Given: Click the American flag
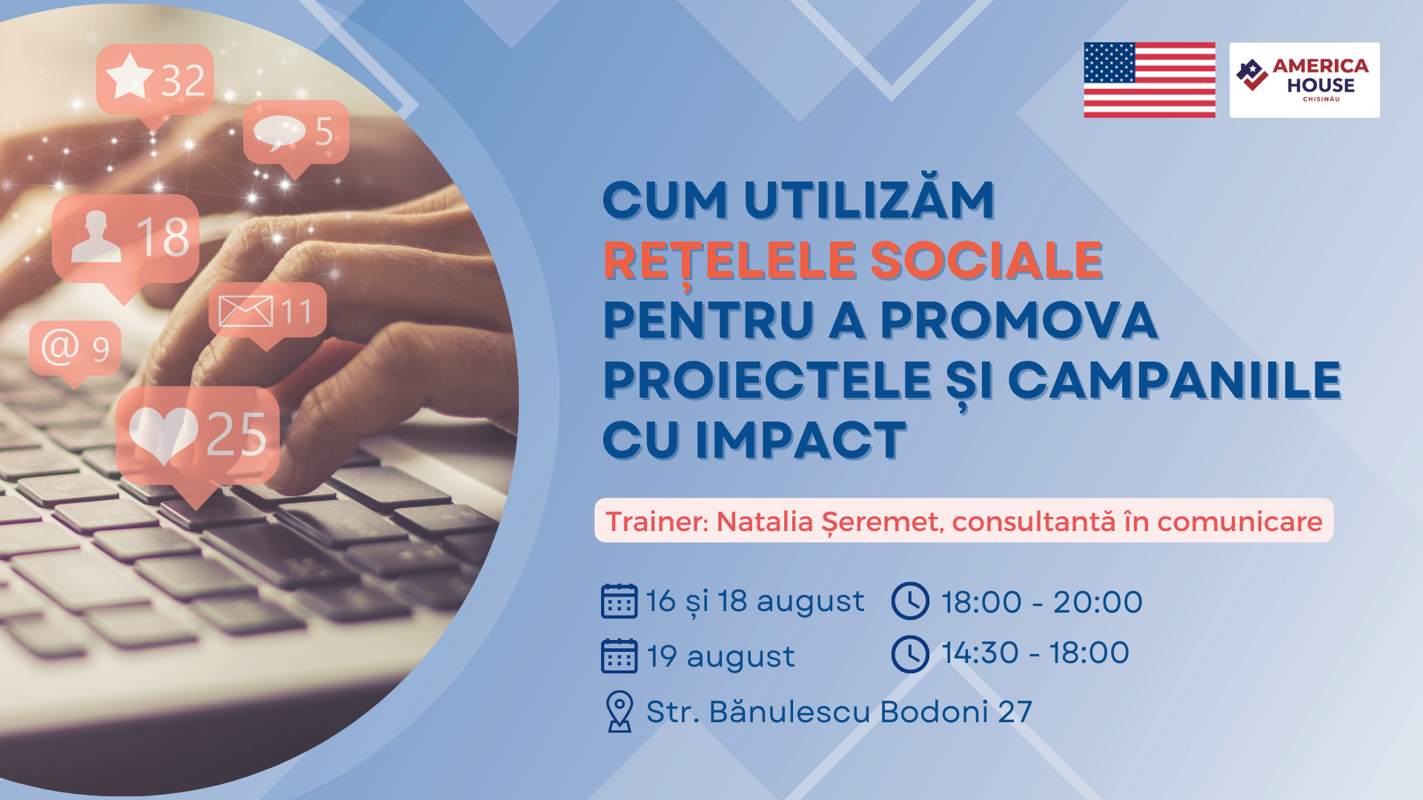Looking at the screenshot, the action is [x=1150, y=80].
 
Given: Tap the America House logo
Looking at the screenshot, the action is [x=1304, y=80].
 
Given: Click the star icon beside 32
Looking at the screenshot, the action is [x=130, y=76].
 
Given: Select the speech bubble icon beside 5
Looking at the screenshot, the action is [x=279, y=133].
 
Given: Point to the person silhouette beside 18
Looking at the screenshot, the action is [x=96, y=236].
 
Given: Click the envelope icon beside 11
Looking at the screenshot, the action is [x=246, y=311].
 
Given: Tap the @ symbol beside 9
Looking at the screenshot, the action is [x=60, y=347].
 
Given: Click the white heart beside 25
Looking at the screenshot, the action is [x=163, y=436].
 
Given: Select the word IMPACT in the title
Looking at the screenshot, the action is [x=800, y=440].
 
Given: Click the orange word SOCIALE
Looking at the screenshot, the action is [x=986, y=260].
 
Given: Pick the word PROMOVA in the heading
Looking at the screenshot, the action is [x=1019, y=320].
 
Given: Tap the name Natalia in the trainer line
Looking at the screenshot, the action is [x=765, y=521].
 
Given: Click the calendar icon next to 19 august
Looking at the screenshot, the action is [x=619, y=656].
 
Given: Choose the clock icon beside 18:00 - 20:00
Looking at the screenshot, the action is [x=910, y=601].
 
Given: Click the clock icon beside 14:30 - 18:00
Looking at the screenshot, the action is [x=910, y=654].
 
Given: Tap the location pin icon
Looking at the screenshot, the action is [x=620, y=711].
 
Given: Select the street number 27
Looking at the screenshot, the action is [x=1015, y=712].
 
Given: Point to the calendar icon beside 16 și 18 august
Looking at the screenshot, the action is [x=619, y=601].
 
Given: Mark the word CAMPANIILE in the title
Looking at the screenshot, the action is [x=1175, y=380].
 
